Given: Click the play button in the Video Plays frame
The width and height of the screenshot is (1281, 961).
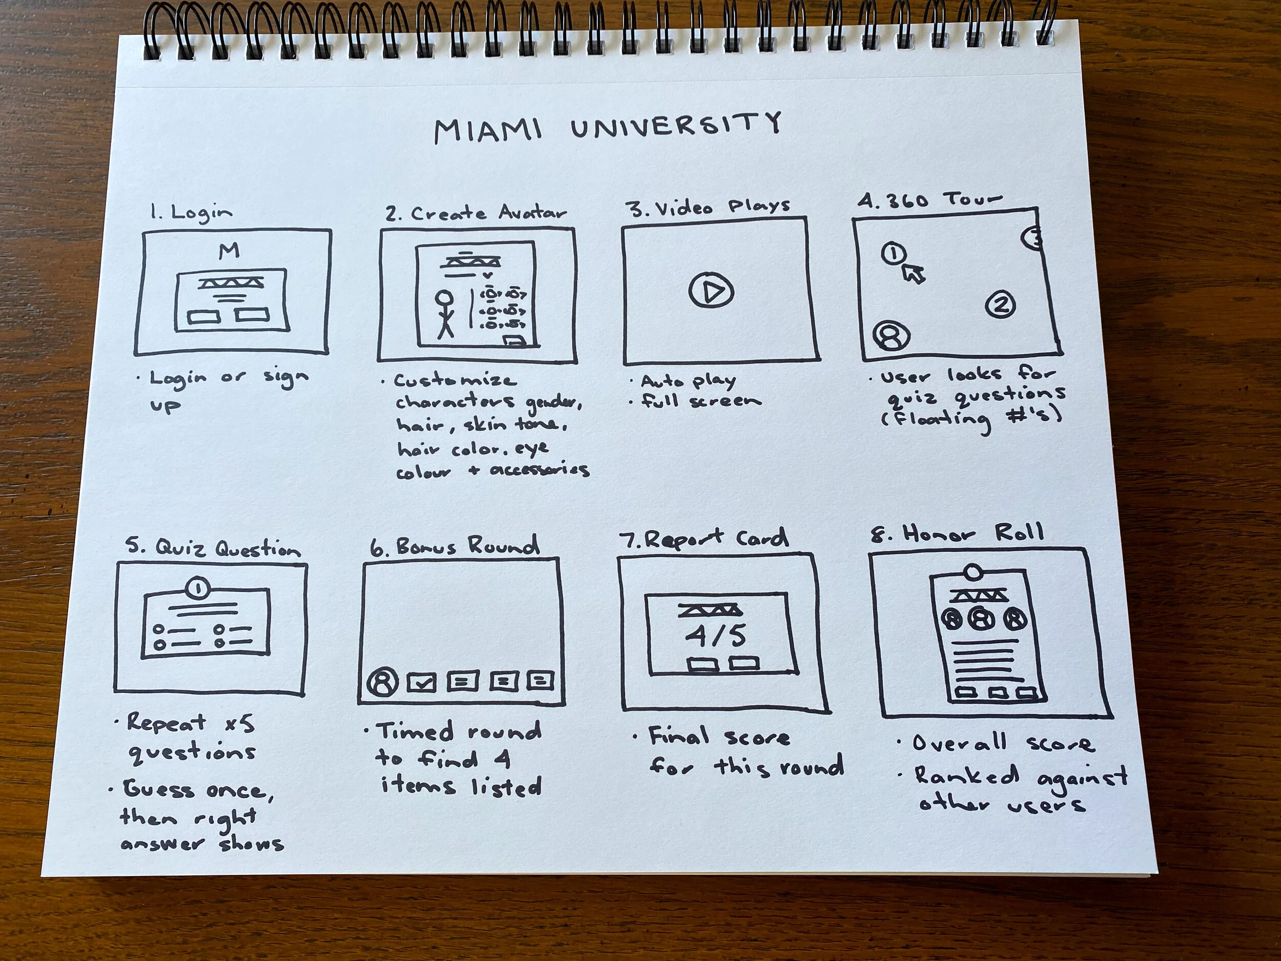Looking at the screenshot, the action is [x=711, y=291].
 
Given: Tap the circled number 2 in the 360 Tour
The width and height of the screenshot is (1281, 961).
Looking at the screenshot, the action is [x=1000, y=304].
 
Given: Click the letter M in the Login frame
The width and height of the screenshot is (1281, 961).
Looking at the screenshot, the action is [x=230, y=251].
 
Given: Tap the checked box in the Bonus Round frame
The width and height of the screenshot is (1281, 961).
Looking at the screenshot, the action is [x=422, y=683].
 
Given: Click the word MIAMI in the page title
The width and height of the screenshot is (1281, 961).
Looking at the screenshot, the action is [x=488, y=131].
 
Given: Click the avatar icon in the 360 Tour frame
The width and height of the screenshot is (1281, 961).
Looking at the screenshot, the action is [x=891, y=337].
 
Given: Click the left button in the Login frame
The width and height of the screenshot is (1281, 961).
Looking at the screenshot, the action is [x=204, y=317].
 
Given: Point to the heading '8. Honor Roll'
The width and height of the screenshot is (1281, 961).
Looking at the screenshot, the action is [x=957, y=534].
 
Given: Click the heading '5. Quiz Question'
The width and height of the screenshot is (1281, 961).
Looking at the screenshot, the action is [x=214, y=548].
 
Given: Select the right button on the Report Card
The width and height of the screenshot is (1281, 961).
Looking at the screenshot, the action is [x=744, y=663].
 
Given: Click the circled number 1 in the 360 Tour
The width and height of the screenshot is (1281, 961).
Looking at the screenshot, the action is [x=894, y=253].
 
